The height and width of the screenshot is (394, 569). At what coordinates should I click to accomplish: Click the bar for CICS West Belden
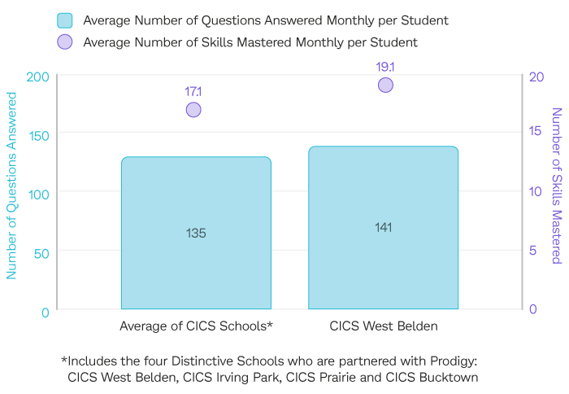point(383,228)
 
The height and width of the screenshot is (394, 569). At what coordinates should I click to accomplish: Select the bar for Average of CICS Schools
point(196,233)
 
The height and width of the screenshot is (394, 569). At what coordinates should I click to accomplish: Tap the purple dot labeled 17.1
point(193,110)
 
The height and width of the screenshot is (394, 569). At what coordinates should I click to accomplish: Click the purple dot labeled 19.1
point(385,85)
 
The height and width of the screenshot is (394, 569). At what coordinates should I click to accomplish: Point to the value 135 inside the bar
point(196,233)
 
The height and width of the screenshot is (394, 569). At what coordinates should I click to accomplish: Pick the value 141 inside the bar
point(383,227)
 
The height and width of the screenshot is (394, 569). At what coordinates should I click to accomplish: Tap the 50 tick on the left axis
point(41,253)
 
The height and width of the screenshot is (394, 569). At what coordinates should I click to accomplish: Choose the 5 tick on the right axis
point(532,251)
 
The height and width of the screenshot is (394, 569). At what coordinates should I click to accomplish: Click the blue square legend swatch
point(65,20)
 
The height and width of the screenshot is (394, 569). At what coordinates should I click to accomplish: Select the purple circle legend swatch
point(65,42)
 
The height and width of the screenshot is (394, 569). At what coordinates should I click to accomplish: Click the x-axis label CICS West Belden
point(384,326)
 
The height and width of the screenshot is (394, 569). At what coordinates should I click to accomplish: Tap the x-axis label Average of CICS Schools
point(196,326)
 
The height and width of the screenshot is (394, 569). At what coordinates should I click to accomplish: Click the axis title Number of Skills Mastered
point(557,186)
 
